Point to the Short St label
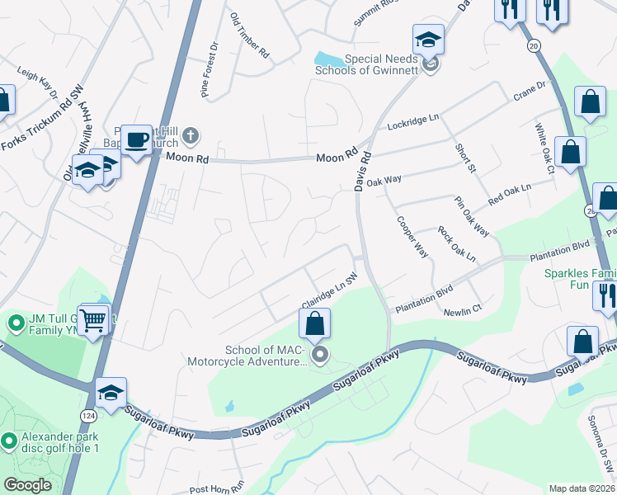tap(466, 157)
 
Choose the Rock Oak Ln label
tap(456, 244)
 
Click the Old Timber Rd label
tap(250, 35)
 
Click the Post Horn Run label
tap(218, 489)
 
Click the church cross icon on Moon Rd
tap(190, 135)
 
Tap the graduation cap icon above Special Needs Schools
tap(429, 39)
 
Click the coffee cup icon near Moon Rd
tap(136, 139)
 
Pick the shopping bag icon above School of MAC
tap(314, 323)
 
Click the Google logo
tap(27, 485)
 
